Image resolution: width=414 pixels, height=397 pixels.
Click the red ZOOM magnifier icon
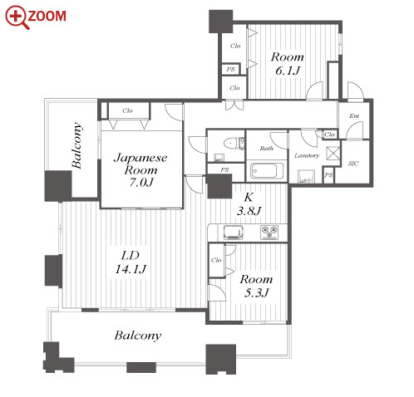(x=17, y=17)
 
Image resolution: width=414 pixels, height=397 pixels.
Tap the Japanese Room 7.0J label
(x=140, y=169)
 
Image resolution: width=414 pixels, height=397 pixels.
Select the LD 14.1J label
(x=131, y=262)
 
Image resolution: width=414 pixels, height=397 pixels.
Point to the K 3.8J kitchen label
(x=249, y=204)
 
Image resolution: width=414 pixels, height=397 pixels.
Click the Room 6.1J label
(x=288, y=64)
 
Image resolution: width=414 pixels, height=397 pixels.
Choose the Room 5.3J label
(x=256, y=286)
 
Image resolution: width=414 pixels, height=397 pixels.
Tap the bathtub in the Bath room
(x=267, y=170)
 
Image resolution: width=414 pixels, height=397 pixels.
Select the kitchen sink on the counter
(x=234, y=233)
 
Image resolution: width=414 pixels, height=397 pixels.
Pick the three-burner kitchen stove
(x=269, y=233)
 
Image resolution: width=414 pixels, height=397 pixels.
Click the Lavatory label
(x=307, y=155)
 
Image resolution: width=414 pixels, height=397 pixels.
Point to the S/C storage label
(x=353, y=164)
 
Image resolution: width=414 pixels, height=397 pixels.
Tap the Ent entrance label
(x=354, y=116)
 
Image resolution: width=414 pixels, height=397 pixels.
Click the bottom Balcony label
(x=138, y=336)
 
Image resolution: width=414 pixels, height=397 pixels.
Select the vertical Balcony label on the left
(x=76, y=145)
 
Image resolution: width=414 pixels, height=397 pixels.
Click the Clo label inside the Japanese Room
(x=127, y=110)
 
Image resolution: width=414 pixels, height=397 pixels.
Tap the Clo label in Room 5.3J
(x=216, y=260)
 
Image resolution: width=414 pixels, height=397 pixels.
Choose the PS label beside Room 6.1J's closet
(x=230, y=69)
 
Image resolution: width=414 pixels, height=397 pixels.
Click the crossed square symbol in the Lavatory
(x=333, y=154)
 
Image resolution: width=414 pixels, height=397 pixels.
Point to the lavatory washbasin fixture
(x=306, y=176)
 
